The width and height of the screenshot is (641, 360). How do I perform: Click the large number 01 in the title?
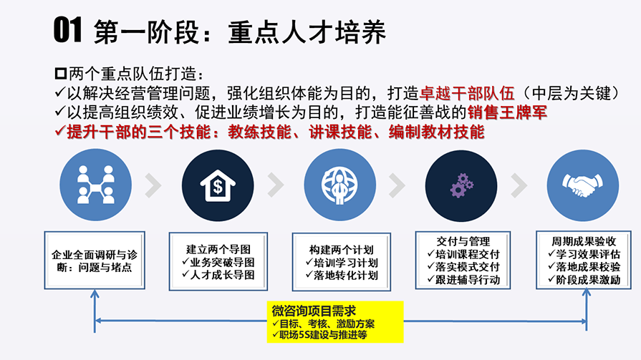point(68,30)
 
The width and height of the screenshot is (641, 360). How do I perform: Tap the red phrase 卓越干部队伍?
point(467,94)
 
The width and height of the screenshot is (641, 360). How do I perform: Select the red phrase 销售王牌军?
point(507,112)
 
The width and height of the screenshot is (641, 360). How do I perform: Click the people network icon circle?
point(96,185)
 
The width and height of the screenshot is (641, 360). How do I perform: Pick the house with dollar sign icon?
point(218,185)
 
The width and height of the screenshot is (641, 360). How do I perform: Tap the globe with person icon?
point(339,185)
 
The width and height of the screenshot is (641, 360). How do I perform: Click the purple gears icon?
point(461,186)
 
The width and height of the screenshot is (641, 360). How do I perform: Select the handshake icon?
point(582,185)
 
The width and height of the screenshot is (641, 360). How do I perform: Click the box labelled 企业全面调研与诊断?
point(95,261)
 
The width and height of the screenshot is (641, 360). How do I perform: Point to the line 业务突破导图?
point(218,262)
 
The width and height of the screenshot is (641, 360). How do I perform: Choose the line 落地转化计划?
point(342,276)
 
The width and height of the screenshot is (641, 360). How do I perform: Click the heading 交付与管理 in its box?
point(463,241)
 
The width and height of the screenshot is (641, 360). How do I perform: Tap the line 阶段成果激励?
point(584,280)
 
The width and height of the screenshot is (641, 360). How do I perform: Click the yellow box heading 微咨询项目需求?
point(314,311)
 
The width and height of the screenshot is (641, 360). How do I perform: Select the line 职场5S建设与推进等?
point(319,335)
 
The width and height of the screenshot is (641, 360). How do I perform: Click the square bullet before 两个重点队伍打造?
point(60,74)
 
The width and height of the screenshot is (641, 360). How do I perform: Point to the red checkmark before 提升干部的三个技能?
point(59,131)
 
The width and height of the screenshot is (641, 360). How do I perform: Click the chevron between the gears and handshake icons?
point(519,185)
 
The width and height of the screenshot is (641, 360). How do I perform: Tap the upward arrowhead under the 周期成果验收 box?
point(587,292)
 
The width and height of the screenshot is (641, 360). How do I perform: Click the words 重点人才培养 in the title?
point(307,32)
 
